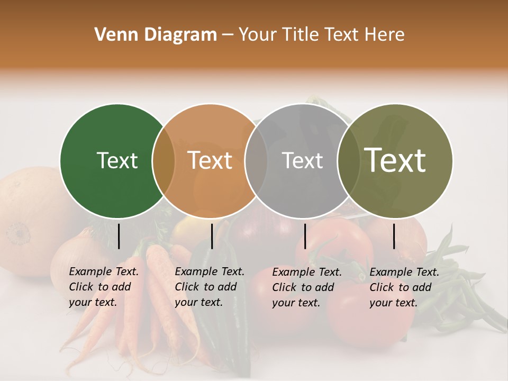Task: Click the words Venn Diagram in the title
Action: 156,35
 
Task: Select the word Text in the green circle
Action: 117,160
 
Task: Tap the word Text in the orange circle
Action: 210,160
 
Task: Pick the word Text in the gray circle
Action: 303,160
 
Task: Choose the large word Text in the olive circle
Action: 395,160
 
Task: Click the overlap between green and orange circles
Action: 164,161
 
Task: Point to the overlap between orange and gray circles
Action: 256,161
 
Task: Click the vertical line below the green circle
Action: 119,236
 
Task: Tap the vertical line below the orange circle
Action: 212,236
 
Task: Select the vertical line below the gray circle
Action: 305,236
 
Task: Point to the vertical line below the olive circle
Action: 394,236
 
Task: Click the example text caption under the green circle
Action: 103,287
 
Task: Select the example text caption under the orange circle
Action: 209,287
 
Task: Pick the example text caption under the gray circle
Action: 306,287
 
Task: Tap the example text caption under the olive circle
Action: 404,287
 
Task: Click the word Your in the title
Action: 258,35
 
